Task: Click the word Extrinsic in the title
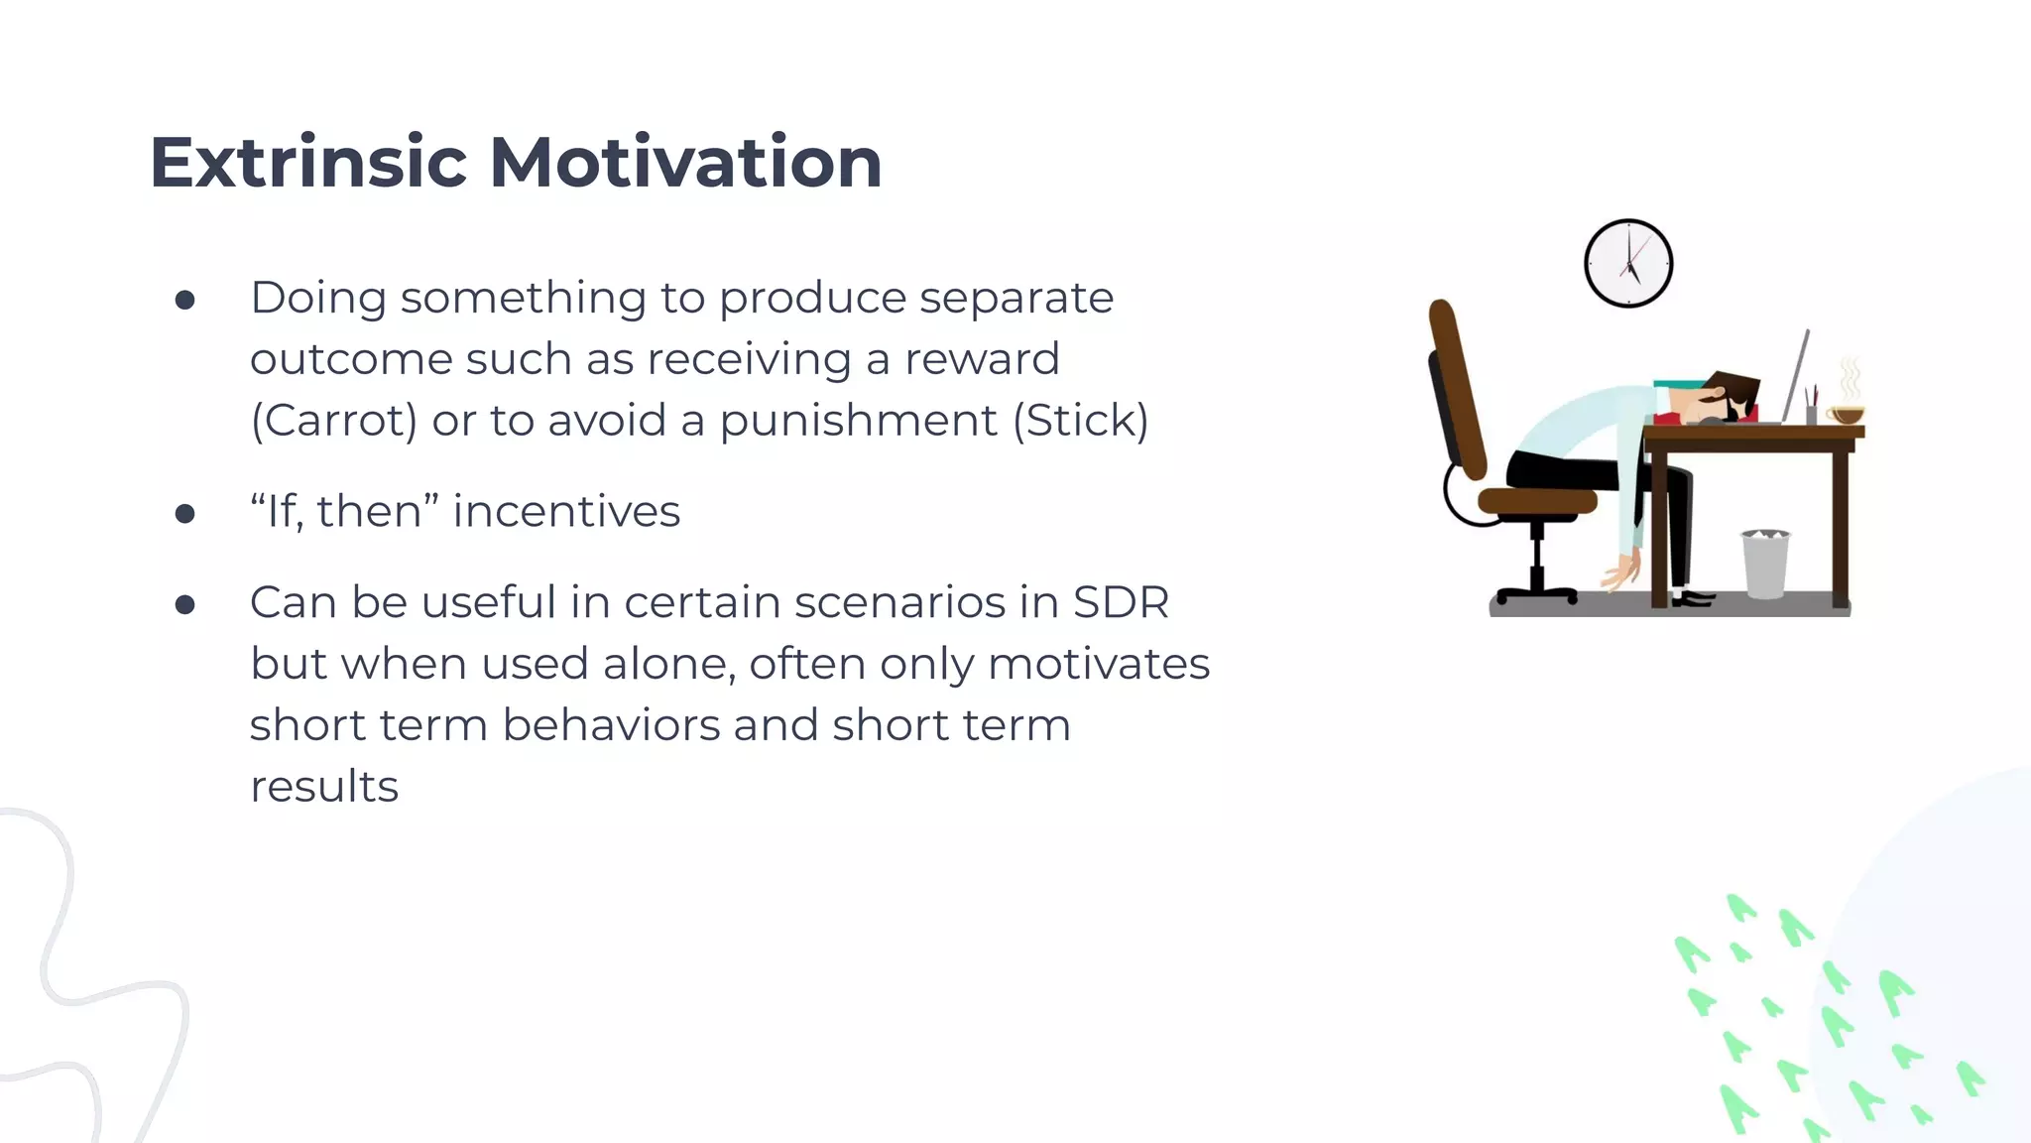pos(307,163)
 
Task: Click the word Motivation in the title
pos(685,163)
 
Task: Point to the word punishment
pos(858,421)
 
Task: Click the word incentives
pos(566,512)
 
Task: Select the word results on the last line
pos(323,787)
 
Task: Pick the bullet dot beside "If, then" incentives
pos(184,513)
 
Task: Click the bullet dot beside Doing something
pos(184,300)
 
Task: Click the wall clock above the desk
pos(1627,264)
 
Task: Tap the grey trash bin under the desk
pos(1765,566)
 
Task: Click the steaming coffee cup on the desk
pos(1846,414)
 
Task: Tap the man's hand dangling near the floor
pos(1622,573)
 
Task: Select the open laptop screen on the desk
pos(1796,377)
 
